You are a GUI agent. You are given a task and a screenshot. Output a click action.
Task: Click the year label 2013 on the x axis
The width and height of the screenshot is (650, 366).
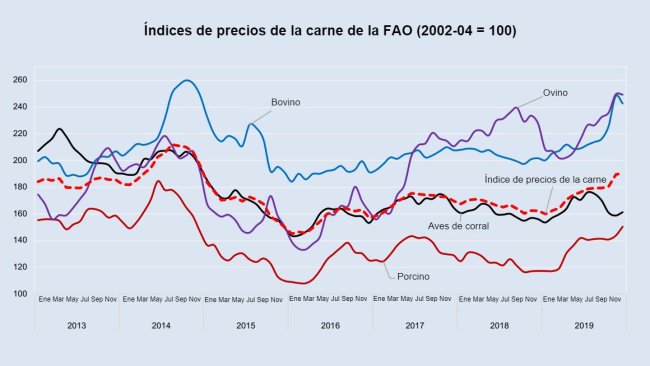[76, 325]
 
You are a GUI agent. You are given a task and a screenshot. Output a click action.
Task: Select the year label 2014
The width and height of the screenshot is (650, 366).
[161, 325]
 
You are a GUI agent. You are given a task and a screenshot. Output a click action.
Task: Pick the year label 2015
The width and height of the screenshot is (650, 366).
[246, 325]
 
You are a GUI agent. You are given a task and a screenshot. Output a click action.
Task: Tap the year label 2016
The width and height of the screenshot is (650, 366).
[330, 325]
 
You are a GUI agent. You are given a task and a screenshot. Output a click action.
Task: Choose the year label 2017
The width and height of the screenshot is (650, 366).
[415, 325]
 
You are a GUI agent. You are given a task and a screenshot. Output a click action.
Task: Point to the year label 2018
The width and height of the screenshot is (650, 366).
[500, 325]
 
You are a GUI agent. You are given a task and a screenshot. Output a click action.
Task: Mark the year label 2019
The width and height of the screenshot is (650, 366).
[584, 325]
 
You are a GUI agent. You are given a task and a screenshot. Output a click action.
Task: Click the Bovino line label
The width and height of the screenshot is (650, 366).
[285, 102]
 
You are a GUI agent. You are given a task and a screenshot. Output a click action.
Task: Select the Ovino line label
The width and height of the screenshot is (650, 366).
[555, 92]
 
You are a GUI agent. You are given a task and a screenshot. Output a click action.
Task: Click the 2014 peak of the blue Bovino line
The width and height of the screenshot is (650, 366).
[188, 80]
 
